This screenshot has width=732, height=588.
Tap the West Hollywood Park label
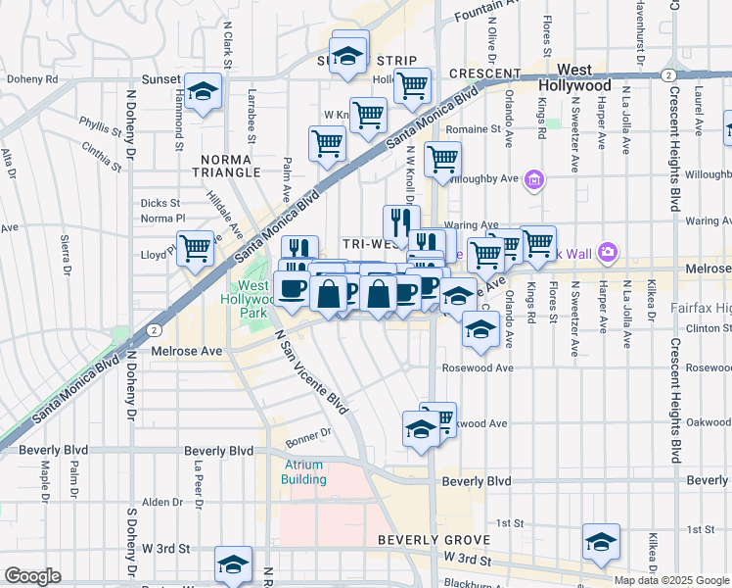(254, 299)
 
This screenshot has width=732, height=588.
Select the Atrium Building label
(304, 471)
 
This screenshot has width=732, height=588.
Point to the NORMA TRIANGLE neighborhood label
(232, 165)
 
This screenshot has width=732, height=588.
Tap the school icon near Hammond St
(203, 92)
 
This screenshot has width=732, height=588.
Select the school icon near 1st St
(601, 541)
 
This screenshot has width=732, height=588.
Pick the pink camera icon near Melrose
(608, 253)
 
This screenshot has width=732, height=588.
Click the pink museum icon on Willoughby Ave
(533, 179)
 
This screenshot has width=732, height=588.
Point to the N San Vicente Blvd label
(311, 370)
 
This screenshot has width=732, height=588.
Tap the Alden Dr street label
(157, 502)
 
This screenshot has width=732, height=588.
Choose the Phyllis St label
(100, 125)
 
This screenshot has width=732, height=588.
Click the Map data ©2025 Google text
(672, 580)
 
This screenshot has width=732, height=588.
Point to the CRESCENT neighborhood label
(484, 74)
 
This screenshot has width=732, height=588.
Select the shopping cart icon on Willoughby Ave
(442, 158)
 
